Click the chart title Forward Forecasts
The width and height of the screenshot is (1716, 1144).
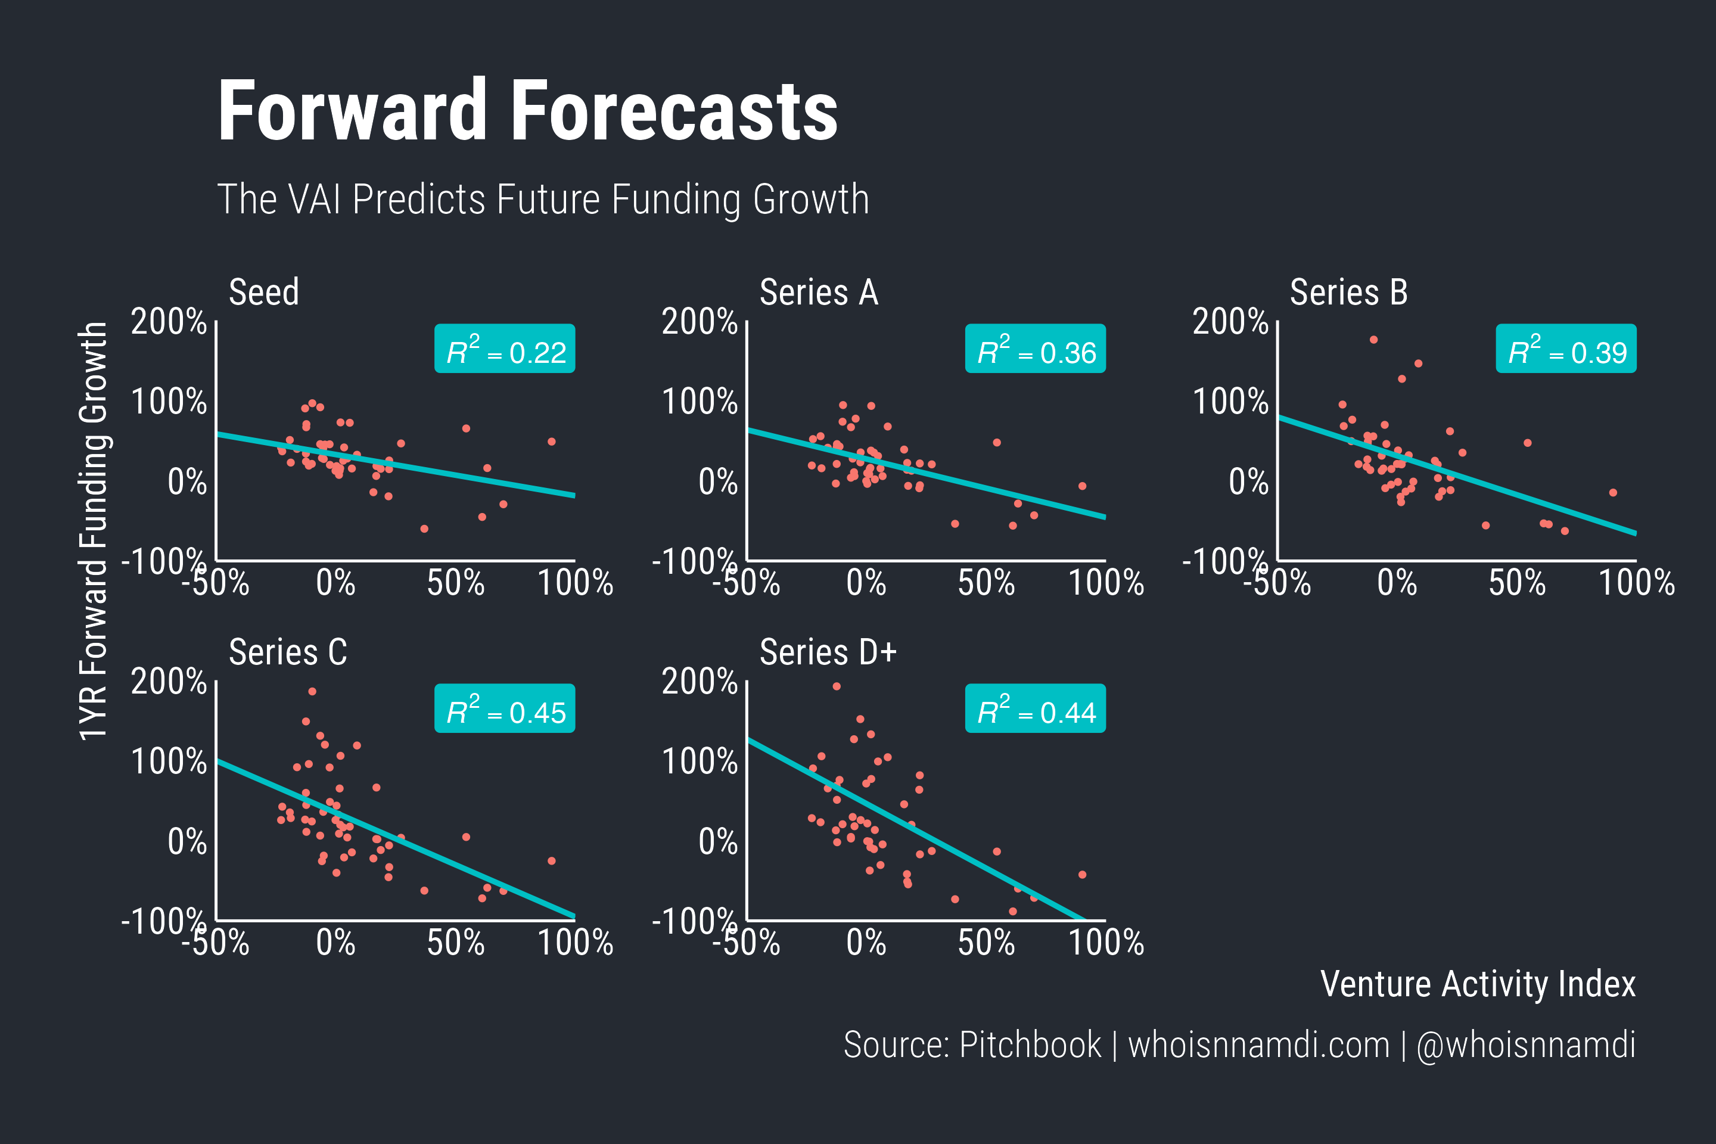[527, 111]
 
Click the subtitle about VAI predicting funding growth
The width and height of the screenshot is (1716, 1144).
[543, 199]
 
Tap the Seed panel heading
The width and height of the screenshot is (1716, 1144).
[263, 293]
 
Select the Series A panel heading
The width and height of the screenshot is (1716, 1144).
[818, 293]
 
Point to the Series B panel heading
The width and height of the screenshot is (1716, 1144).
[1348, 293]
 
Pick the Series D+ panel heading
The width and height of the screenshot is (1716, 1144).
[828, 652]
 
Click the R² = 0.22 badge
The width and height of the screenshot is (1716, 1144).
[504, 349]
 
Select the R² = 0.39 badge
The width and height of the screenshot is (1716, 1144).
[1566, 349]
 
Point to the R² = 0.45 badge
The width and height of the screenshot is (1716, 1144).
[504, 708]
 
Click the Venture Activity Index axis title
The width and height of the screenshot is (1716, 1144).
[1478, 984]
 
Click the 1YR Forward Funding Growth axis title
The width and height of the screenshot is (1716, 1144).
[94, 531]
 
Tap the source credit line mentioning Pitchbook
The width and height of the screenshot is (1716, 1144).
[1239, 1044]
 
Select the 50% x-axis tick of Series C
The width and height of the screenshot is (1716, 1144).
[455, 943]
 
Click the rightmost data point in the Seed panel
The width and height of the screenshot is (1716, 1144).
[552, 442]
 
